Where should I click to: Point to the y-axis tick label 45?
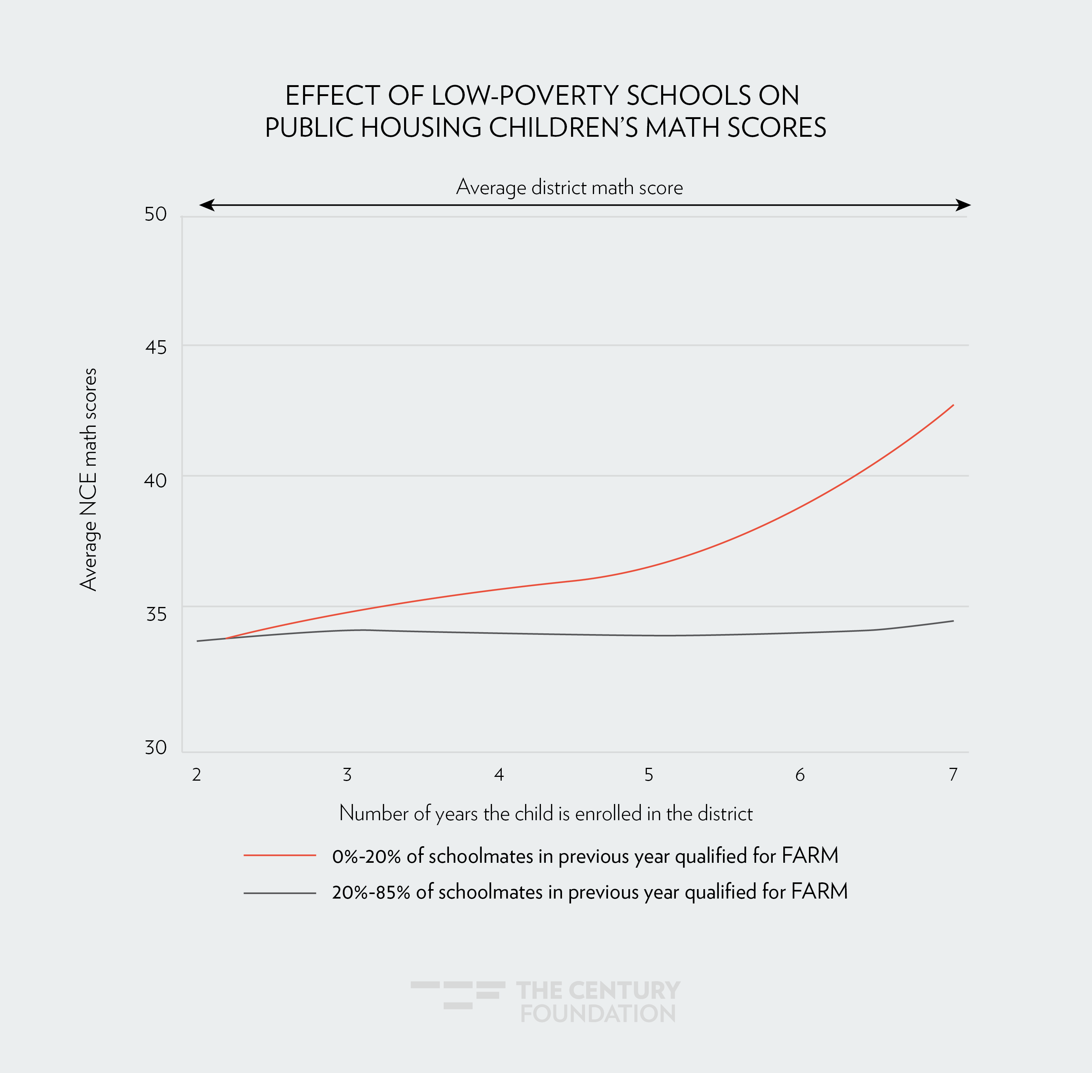point(156,347)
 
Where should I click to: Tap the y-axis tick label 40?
point(156,480)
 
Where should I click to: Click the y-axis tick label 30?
point(156,747)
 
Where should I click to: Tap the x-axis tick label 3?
point(347,775)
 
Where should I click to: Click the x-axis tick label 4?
point(498,775)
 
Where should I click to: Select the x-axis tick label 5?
point(649,775)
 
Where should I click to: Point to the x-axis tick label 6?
point(800,775)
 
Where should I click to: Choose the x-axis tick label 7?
point(953,775)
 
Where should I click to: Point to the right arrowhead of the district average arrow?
point(963,205)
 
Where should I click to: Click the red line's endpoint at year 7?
point(953,405)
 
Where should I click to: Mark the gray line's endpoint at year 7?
point(953,621)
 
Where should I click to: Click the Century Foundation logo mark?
point(458,995)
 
